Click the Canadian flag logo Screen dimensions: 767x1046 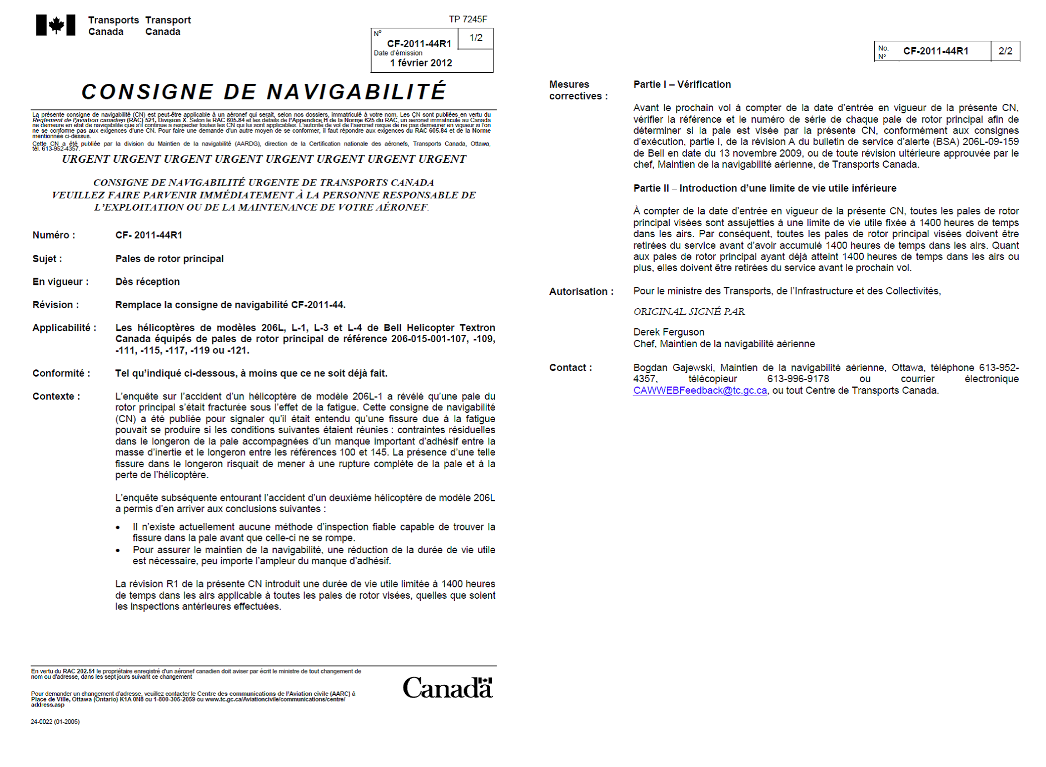(56, 25)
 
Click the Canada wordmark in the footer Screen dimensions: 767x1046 (447, 688)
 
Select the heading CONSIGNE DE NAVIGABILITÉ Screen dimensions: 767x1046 (263, 92)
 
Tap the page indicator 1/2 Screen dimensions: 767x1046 (476, 38)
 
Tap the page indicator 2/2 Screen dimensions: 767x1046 (1005, 51)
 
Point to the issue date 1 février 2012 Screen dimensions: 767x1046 (421, 63)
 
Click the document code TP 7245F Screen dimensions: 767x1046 (467, 19)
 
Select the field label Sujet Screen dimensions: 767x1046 (47, 259)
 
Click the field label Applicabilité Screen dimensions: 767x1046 (64, 328)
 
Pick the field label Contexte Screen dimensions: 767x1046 (56, 397)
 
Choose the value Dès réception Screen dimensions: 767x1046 (147, 282)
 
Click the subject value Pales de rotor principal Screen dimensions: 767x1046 (170, 259)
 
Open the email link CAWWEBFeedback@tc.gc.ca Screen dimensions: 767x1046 (700, 390)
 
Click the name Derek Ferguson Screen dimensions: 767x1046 (669, 332)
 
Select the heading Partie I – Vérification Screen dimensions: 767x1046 (682, 84)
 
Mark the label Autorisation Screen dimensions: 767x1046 (581, 292)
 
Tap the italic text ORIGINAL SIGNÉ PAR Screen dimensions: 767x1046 (689, 312)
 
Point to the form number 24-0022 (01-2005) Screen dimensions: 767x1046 (55, 722)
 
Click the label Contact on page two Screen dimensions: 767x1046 (570, 368)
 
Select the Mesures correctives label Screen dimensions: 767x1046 (577, 90)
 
